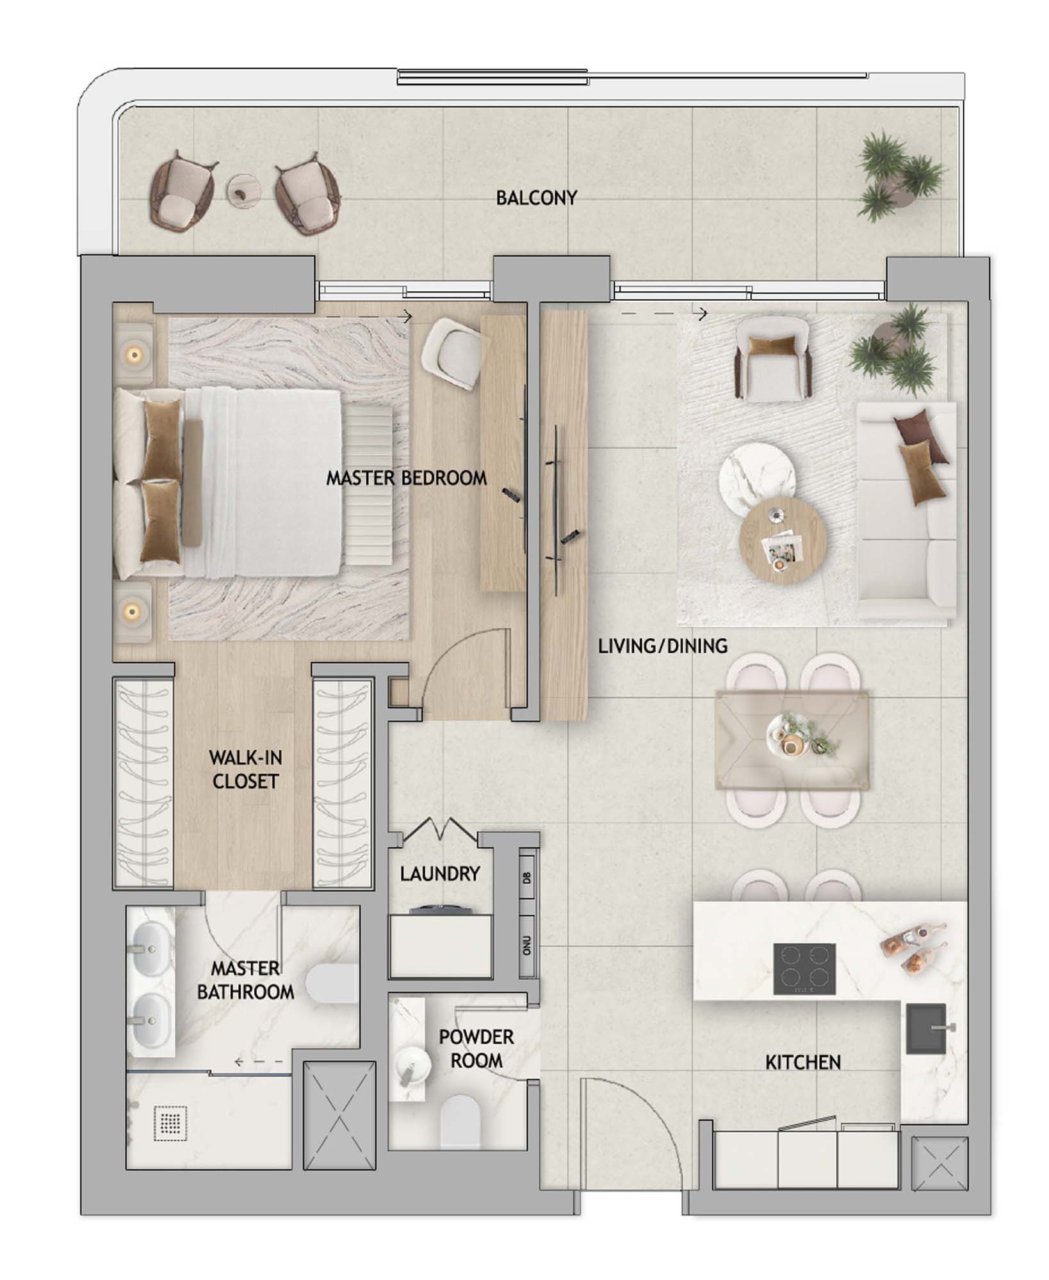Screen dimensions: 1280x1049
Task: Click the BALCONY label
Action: pos(537,198)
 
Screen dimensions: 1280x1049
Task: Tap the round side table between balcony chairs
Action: pos(245,190)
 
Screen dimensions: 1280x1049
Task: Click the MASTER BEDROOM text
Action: pos(406,478)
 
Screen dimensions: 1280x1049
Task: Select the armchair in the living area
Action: pos(772,362)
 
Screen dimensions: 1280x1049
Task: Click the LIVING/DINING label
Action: pos(662,646)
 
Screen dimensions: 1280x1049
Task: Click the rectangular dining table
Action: pos(792,739)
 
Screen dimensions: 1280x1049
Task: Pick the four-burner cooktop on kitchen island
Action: pos(804,969)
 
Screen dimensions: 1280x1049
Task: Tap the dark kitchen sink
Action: pos(925,1028)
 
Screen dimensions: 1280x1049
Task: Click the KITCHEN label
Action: pos(802,1062)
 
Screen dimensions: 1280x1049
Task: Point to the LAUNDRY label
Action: pos(439,874)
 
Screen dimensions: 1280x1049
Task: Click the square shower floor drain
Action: pos(170,1123)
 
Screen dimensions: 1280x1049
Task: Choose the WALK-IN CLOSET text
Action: pos(245,770)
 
